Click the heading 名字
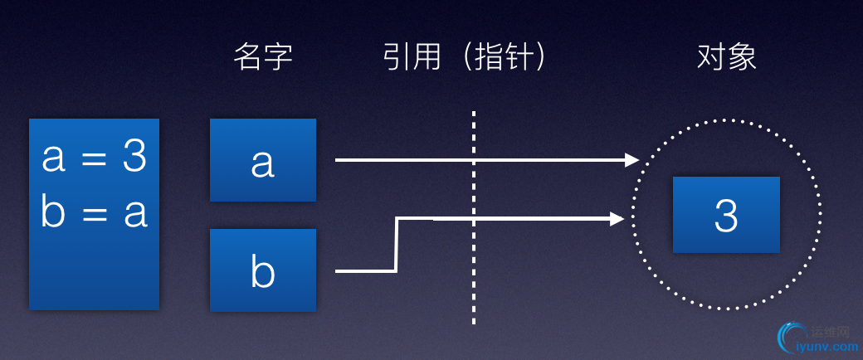click(263, 57)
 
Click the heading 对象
click(726, 57)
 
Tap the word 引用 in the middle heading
click(412, 57)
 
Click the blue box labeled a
click(263, 160)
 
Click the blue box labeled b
click(263, 270)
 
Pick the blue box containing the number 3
click(726, 215)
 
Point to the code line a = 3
click(94, 158)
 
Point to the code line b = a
click(94, 212)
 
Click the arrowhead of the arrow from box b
click(617, 219)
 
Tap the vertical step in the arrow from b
click(397, 245)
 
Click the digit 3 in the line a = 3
click(134, 158)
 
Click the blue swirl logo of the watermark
click(785, 338)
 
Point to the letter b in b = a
click(51, 212)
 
